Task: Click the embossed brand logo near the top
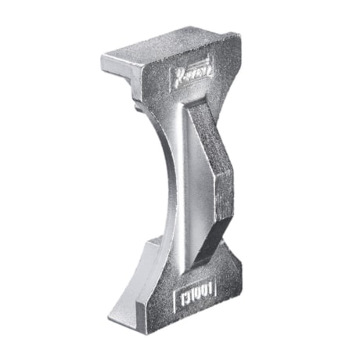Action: tap(188, 77)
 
